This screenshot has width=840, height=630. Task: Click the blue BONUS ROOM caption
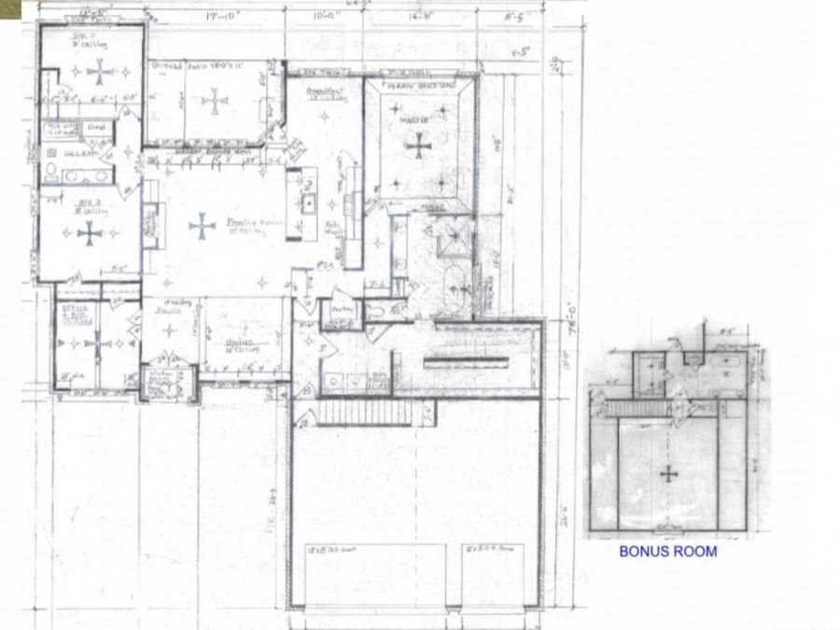[x=668, y=552]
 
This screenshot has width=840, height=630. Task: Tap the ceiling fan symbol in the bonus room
[x=668, y=473]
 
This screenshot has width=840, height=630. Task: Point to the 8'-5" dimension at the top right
[x=513, y=14]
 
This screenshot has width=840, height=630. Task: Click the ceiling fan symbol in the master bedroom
[x=419, y=144]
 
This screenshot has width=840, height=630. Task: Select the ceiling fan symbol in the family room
[x=202, y=226]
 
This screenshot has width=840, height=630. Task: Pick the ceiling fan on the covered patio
[x=215, y=101]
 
